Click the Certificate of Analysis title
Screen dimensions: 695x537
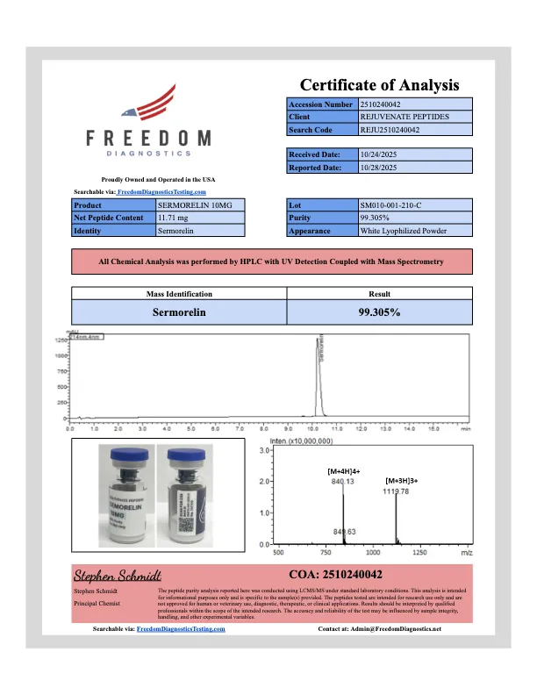[380, 85]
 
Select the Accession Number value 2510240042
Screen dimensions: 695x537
[384, 104]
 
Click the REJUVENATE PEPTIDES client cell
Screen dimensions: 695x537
[405, 117]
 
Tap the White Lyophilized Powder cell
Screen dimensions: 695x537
[404, 232]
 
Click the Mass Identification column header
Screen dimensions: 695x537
[178, 294]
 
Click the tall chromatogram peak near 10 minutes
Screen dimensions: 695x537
[318, 351]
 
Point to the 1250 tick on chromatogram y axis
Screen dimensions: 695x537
[62, 340]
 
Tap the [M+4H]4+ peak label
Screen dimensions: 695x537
[344, 471]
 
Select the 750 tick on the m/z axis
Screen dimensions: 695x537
[326, 554]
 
